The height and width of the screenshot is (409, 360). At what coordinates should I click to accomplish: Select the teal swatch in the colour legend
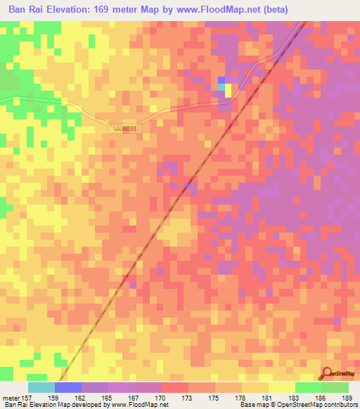point(41,387)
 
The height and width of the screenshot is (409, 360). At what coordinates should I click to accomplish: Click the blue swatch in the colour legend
point(68,387)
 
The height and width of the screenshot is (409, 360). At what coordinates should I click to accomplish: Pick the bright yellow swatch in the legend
point(281,387)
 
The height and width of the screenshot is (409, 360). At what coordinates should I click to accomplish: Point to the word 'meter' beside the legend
point(10,398)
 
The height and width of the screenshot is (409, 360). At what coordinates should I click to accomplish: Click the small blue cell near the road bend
point(221,81)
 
